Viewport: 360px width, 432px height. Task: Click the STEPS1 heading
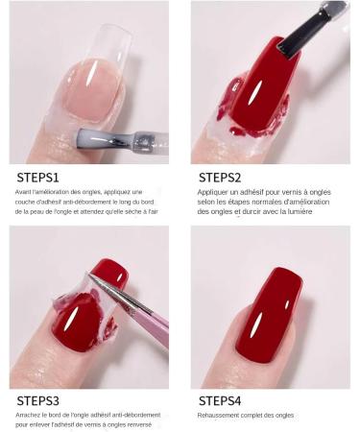[37, 177]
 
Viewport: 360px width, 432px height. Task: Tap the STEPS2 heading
[220, 177]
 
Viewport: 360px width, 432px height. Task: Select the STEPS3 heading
[38, 399]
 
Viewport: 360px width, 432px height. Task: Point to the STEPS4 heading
[221, 399]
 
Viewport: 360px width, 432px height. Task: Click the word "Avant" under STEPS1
[24, 192]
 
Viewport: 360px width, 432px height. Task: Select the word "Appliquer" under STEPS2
[213, 192]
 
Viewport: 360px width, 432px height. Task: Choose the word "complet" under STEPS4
[260, 415]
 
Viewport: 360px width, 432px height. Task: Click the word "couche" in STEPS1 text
[26, 202]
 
